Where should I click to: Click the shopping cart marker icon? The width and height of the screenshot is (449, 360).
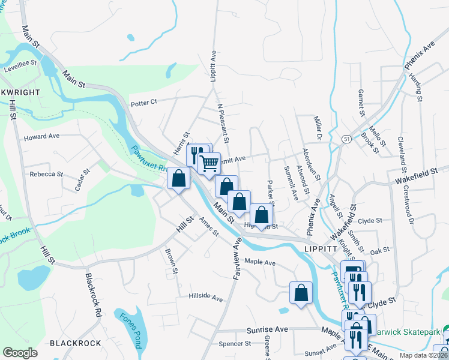click(x=209, y=163)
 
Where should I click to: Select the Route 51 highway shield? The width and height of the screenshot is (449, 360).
click(x=346, y=139)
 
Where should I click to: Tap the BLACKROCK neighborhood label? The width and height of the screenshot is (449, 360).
click(x=75, y=343)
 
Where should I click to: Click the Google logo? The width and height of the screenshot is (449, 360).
click(x=20, y=353)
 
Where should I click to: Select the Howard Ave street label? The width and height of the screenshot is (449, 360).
click(x=41, y=137)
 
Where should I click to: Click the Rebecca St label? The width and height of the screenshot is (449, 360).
click(x=46, y=174)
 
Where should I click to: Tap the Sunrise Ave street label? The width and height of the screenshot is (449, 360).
click(x=268, y=330)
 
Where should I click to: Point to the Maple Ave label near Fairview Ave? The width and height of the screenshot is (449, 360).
click(x=260, y=263)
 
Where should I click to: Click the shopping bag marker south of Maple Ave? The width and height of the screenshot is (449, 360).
click(x=301, y=293)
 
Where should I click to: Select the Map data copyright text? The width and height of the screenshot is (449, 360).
click(x=422, y=355)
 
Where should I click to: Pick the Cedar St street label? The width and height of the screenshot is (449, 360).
click(x=82, y=179)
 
